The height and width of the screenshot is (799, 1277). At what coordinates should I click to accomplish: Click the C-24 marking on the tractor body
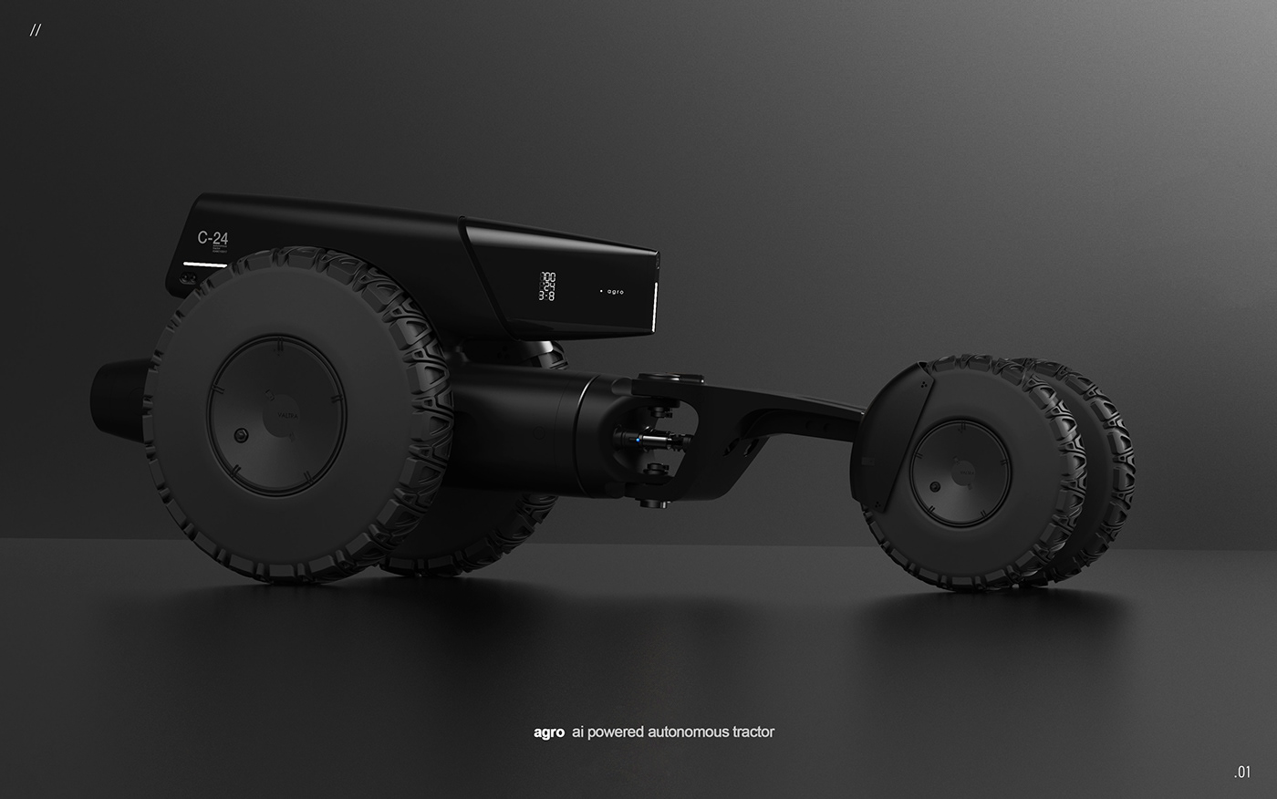click(213, 239)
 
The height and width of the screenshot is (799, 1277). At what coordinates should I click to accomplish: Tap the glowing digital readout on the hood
click(548, 285)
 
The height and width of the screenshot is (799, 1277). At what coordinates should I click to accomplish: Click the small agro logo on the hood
click(615, 292)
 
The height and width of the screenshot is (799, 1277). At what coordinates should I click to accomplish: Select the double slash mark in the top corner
click(35, 30)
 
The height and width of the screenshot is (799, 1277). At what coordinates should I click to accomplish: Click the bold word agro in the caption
click(549, 732)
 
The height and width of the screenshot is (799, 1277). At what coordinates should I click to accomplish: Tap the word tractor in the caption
click(752, 732)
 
